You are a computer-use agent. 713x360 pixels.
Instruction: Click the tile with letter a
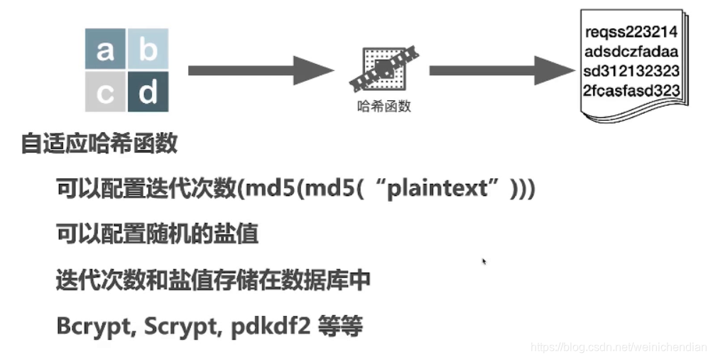105,50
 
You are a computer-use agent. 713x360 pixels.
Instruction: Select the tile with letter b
148,50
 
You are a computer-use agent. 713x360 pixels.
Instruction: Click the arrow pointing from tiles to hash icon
259,70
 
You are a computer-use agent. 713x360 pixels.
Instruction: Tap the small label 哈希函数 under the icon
384,107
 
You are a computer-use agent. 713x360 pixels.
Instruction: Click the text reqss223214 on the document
631,32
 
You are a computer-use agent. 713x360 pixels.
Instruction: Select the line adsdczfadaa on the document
631,52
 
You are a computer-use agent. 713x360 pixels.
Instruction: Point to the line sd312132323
631,71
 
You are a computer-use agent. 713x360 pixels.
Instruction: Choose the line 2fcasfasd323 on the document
631,91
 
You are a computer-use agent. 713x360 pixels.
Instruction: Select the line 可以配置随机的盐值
157,234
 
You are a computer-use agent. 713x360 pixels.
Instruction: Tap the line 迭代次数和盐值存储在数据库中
213,280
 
